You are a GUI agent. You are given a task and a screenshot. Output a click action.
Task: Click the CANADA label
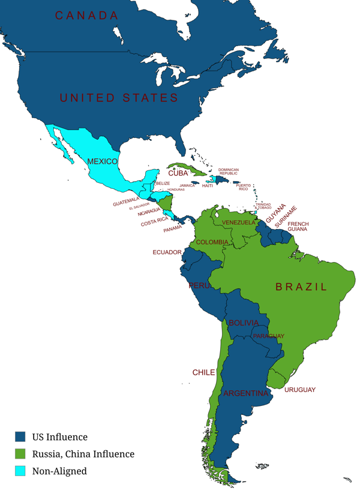[87, 16]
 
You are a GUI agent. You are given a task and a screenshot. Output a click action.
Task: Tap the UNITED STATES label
[119, 98]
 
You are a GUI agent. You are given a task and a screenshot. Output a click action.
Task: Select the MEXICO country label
[102, 161]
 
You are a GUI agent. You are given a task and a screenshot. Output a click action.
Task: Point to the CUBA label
[178, 173]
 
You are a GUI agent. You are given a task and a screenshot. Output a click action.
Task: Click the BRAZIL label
[302, 287]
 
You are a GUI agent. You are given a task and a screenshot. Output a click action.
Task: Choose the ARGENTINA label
[245, 393]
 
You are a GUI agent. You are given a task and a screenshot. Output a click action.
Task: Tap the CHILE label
[203, 372]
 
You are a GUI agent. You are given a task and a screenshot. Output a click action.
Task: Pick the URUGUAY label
[300, 390]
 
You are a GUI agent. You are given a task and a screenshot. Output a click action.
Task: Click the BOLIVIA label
[243, 323]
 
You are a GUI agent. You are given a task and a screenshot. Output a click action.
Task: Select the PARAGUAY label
[268, 336]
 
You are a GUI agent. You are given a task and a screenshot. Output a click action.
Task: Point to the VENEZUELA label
[239, 222]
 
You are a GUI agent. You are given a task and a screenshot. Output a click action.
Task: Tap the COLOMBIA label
[212, 242]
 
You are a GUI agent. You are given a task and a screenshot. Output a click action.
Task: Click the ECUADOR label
[167, 252]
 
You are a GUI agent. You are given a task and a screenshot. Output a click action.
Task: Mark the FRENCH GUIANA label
[298, 227]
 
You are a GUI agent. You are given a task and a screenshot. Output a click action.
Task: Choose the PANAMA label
[172, 228]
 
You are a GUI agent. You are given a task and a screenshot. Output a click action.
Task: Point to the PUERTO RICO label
[243, 187]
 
